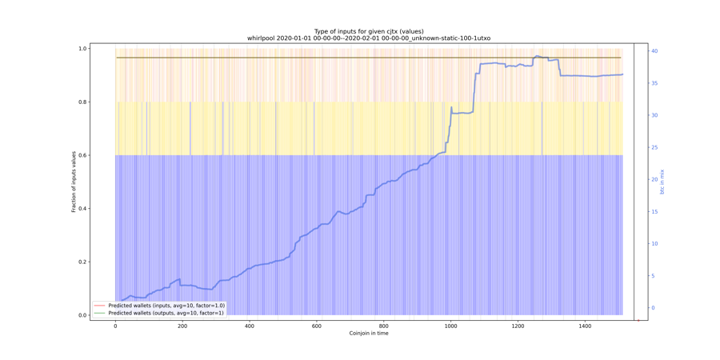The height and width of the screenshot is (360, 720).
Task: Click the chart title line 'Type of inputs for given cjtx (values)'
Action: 369,31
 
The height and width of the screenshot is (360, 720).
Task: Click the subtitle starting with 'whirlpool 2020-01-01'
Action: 369,38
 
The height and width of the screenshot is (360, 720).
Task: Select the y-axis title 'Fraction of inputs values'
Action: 74,182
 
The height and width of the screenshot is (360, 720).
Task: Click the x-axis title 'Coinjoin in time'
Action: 369,333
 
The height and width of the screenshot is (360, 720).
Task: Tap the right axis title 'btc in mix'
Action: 662,182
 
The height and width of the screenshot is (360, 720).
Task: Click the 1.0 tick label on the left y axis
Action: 82,49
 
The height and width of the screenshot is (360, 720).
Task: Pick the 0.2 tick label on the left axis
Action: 82,262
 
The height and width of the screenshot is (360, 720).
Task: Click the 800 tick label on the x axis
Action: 384,326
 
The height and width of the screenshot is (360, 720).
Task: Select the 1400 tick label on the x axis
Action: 585,326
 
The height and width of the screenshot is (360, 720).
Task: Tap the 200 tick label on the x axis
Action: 182,326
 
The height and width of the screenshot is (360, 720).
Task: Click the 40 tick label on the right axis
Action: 654,51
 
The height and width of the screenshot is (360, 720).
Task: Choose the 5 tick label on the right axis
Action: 652,276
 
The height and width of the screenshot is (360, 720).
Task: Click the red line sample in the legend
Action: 99,306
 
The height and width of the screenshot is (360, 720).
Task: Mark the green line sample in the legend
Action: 99,313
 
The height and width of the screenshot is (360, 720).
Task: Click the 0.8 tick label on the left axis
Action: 82,102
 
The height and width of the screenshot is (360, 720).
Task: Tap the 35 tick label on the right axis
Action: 654,83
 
